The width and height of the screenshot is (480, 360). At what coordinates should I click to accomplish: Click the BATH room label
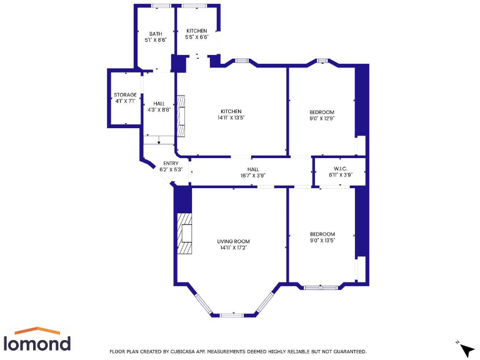click(155, 34)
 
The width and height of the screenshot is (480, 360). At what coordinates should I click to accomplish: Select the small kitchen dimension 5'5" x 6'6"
click(196, 37)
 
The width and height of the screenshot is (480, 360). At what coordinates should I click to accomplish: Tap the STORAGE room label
click(125, 94)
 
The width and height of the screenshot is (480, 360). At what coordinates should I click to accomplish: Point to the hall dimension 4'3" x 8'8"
click(159, 109)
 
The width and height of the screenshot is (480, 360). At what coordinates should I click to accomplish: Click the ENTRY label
click(171, 163)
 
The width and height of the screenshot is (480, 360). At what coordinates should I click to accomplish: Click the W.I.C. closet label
click(341, 168)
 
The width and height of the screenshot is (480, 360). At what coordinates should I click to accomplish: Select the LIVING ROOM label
click(233, 241)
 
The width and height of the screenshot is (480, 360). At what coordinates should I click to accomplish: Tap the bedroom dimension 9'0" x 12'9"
click(322, 117)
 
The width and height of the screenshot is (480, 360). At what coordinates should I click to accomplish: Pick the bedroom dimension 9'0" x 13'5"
click(322, 240)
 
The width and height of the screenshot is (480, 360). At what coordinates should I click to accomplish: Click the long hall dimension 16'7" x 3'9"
click(252, 176)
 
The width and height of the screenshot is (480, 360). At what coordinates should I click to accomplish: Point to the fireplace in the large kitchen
click(181, 116)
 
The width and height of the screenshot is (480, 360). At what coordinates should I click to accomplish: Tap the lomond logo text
click(37, 343)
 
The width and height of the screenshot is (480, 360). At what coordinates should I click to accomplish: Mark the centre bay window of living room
click(232, 314)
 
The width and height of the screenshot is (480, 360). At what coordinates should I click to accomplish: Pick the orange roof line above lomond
click(37, 330)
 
